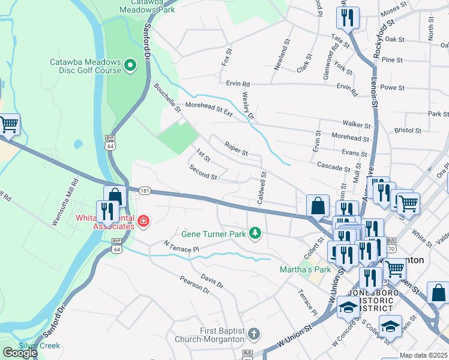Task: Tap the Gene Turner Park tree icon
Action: point(256,232)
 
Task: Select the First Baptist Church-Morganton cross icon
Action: point(254,333)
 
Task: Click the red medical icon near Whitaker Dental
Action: point(143,222)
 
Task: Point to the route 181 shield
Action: point(144,191)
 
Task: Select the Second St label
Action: point(203,172)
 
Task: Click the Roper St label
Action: point(236,149)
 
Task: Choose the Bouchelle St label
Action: point(167,97)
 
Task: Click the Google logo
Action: point(20,352)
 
